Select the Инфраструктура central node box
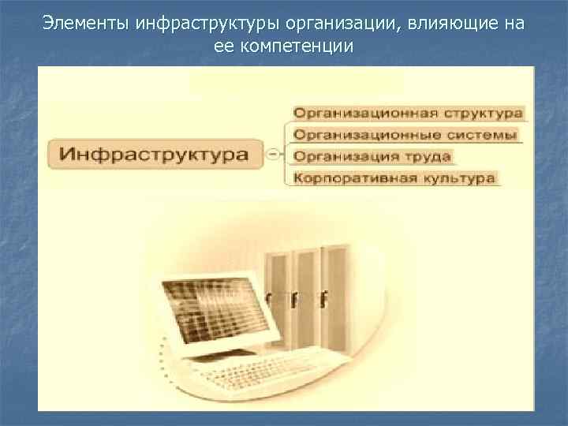157,153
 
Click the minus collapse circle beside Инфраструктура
273,153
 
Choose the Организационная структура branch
408,114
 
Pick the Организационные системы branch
405,135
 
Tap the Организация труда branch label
372,156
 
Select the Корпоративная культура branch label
394,177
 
